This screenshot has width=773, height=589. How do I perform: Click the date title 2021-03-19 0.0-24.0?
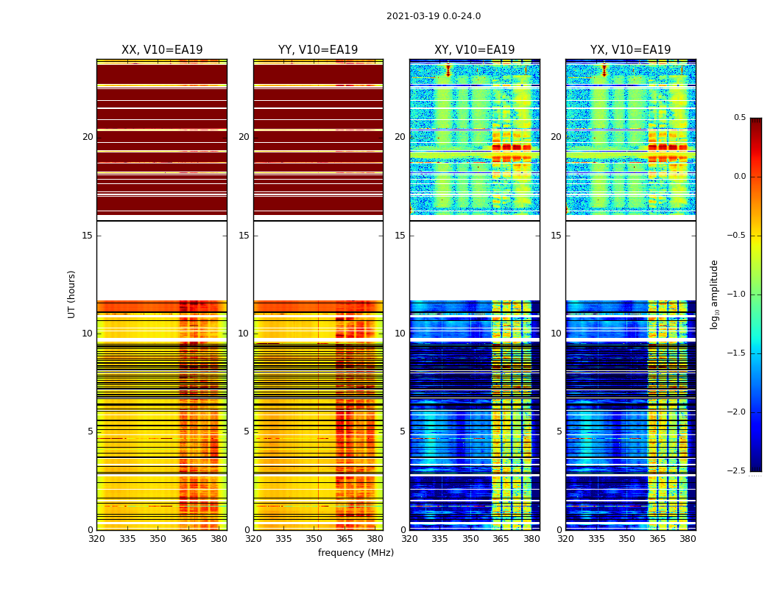[433, 16]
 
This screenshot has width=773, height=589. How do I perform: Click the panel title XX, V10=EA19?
[162, 50]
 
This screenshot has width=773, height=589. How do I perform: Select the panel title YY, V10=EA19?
[318, 50]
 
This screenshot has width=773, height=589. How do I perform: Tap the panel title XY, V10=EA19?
[474, 50]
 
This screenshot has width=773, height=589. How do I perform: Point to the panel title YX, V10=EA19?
[630, 50]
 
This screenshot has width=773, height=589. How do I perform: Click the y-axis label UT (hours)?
[72, 294]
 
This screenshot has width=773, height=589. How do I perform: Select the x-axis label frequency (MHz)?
[356, 553]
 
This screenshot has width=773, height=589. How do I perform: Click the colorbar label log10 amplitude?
[714, 294]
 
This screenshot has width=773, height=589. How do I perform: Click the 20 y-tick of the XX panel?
[88, 137]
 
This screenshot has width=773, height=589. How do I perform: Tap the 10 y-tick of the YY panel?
[244, 334]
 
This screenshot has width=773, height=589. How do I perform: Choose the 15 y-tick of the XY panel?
[400, 236]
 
